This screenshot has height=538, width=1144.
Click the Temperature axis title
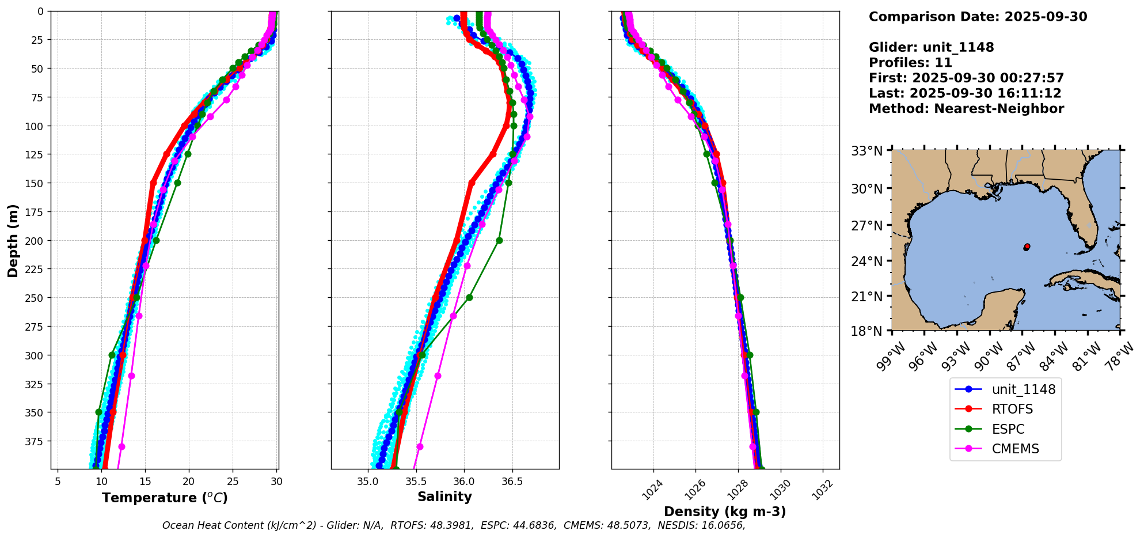click(165, 498)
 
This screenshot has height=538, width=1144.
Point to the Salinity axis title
click(444, 497)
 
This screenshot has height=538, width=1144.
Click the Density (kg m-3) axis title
click(725, 512)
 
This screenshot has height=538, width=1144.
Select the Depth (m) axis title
click(13, 240)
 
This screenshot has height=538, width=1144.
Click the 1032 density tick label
click(824, 488)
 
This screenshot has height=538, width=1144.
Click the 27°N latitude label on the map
click(866, 225)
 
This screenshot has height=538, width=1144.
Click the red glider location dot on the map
click(1027, 247)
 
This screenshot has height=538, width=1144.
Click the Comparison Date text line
click(978, 17)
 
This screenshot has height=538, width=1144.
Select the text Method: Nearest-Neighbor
click(966, 109)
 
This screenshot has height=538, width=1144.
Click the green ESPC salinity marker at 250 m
click(469, 298)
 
